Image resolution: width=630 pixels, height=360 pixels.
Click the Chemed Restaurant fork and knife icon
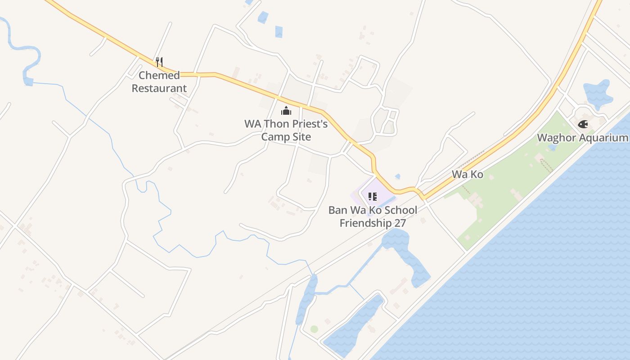pos(159,62)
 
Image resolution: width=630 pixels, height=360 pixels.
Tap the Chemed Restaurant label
pos(159,82)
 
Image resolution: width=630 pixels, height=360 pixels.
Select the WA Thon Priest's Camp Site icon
pos(286,111)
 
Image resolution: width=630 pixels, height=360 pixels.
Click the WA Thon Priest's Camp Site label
pos(286,130)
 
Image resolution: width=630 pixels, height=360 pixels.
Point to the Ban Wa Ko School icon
pos(372,197)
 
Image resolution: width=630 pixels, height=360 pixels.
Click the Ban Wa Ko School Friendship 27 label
pos(373,216)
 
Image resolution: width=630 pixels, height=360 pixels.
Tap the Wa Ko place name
pos(468,174)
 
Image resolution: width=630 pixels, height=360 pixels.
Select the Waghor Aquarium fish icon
pos(583,124)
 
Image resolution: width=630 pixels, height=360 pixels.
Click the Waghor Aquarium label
pos(582,138)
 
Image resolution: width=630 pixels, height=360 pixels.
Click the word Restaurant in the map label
pos(159,88)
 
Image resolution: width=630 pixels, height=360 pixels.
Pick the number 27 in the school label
pos(399,223)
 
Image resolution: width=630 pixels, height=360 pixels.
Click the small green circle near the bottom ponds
pos(314,329)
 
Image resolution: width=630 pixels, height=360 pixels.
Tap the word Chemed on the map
pos(159,75)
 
